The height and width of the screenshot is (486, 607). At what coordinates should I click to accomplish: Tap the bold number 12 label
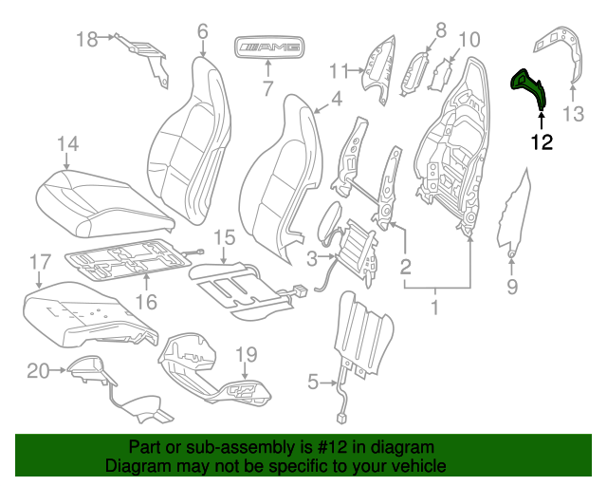point(542,143)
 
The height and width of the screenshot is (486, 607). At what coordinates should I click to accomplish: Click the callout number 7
point(267,90)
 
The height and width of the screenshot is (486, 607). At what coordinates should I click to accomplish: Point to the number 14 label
point(66,144)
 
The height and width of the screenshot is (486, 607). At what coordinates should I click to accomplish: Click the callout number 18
point(87,39)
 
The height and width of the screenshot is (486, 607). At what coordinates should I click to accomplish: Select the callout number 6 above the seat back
point(202,31)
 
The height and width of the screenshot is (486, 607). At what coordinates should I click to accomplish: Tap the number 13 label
point(575,116)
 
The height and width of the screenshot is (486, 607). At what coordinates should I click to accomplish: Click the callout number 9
point(512,286)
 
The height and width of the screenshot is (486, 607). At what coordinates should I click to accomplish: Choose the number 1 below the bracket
point(435,308)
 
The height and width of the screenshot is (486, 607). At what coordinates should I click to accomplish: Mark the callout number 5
point(314,383)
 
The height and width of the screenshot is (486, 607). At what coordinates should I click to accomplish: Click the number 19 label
point(246,354)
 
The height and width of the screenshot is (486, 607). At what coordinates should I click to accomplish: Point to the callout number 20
point(38,371)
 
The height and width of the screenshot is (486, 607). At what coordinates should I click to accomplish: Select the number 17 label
point(39,261)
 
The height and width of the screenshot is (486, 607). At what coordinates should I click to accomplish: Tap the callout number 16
point(146,301)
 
